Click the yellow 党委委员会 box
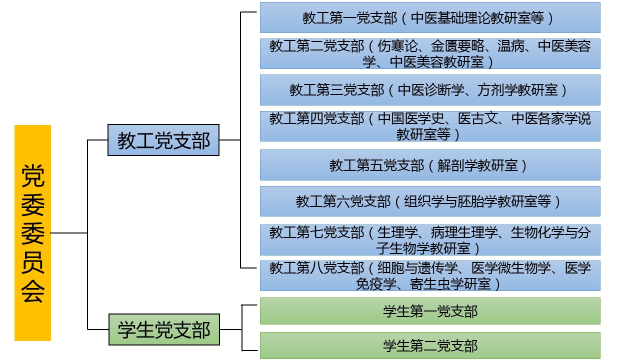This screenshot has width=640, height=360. click(32, 232)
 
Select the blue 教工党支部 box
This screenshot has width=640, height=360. click(163, 140)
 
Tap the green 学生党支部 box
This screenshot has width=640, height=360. click(164, 329)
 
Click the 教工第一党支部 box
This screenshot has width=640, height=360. click(429, 17)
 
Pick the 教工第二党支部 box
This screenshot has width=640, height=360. click(429, 53)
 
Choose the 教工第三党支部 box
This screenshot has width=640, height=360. click(429, 90)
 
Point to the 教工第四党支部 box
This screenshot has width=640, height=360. click(429, 126)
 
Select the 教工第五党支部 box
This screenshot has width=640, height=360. click(429, 165)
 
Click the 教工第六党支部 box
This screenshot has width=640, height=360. click(429, 201)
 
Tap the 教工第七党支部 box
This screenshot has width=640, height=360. click(429, 239)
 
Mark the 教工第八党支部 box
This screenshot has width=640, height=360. click(429, 275)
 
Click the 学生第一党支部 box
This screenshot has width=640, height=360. click(429, 311)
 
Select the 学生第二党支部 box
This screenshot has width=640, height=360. click(429, 345)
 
